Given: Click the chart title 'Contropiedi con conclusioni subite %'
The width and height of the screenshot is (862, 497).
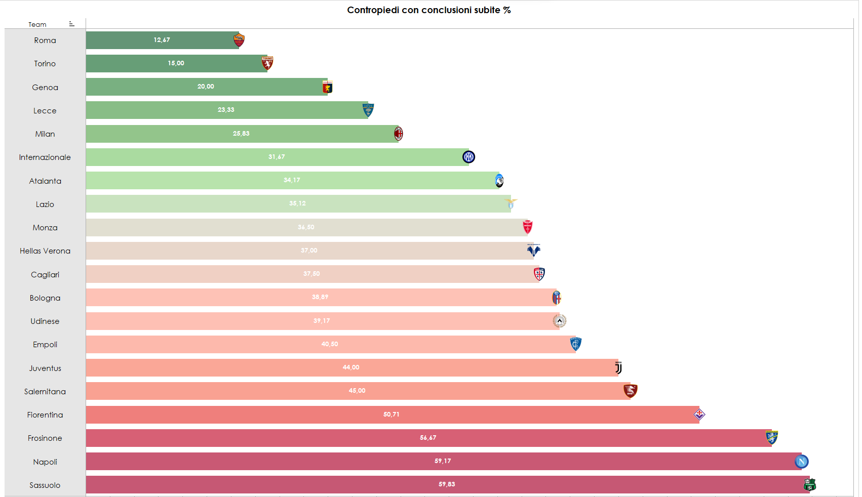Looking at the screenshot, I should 428,10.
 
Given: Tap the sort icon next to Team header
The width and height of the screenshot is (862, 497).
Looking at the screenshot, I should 71,24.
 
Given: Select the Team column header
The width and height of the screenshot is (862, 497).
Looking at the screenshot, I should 37,24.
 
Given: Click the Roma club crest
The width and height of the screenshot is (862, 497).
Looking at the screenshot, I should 239,40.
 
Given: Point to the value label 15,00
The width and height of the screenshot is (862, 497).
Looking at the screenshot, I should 176,63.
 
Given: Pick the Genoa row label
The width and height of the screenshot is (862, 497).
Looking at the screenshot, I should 45,87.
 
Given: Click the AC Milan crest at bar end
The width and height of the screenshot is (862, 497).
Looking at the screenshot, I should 399,134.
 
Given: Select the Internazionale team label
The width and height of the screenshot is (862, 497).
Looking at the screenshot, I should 45,157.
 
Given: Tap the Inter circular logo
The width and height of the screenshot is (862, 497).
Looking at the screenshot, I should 468,157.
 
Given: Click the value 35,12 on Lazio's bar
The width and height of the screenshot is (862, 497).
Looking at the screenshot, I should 297,203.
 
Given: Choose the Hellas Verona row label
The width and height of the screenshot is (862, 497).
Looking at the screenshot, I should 45,251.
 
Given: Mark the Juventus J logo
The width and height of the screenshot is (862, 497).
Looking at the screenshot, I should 618,368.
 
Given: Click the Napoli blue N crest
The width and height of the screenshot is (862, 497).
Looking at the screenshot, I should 801,462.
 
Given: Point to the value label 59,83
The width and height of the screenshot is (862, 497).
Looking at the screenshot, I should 447,484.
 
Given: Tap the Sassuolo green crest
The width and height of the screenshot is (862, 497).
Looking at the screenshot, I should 809,485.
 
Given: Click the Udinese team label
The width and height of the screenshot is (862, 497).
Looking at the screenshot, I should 45,321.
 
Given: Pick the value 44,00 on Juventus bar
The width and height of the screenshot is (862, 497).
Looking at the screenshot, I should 351,367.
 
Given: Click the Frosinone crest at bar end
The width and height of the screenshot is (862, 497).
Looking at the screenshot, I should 771,437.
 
